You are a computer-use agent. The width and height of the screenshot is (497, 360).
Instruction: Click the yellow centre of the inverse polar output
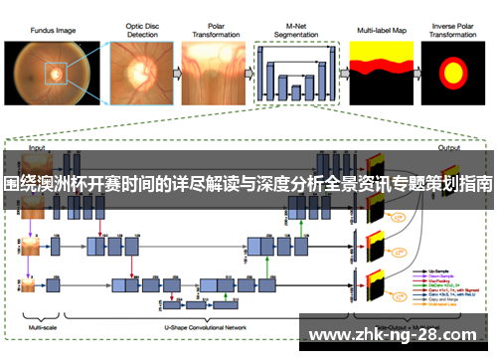(453, 73)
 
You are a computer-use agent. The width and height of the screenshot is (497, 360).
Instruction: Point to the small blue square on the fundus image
(56, 72)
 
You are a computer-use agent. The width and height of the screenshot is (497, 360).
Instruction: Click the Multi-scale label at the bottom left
(42, 327)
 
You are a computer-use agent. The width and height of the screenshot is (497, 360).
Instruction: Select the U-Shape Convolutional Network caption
(203, 327)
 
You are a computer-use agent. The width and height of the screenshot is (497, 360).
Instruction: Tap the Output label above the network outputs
(448, 147)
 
